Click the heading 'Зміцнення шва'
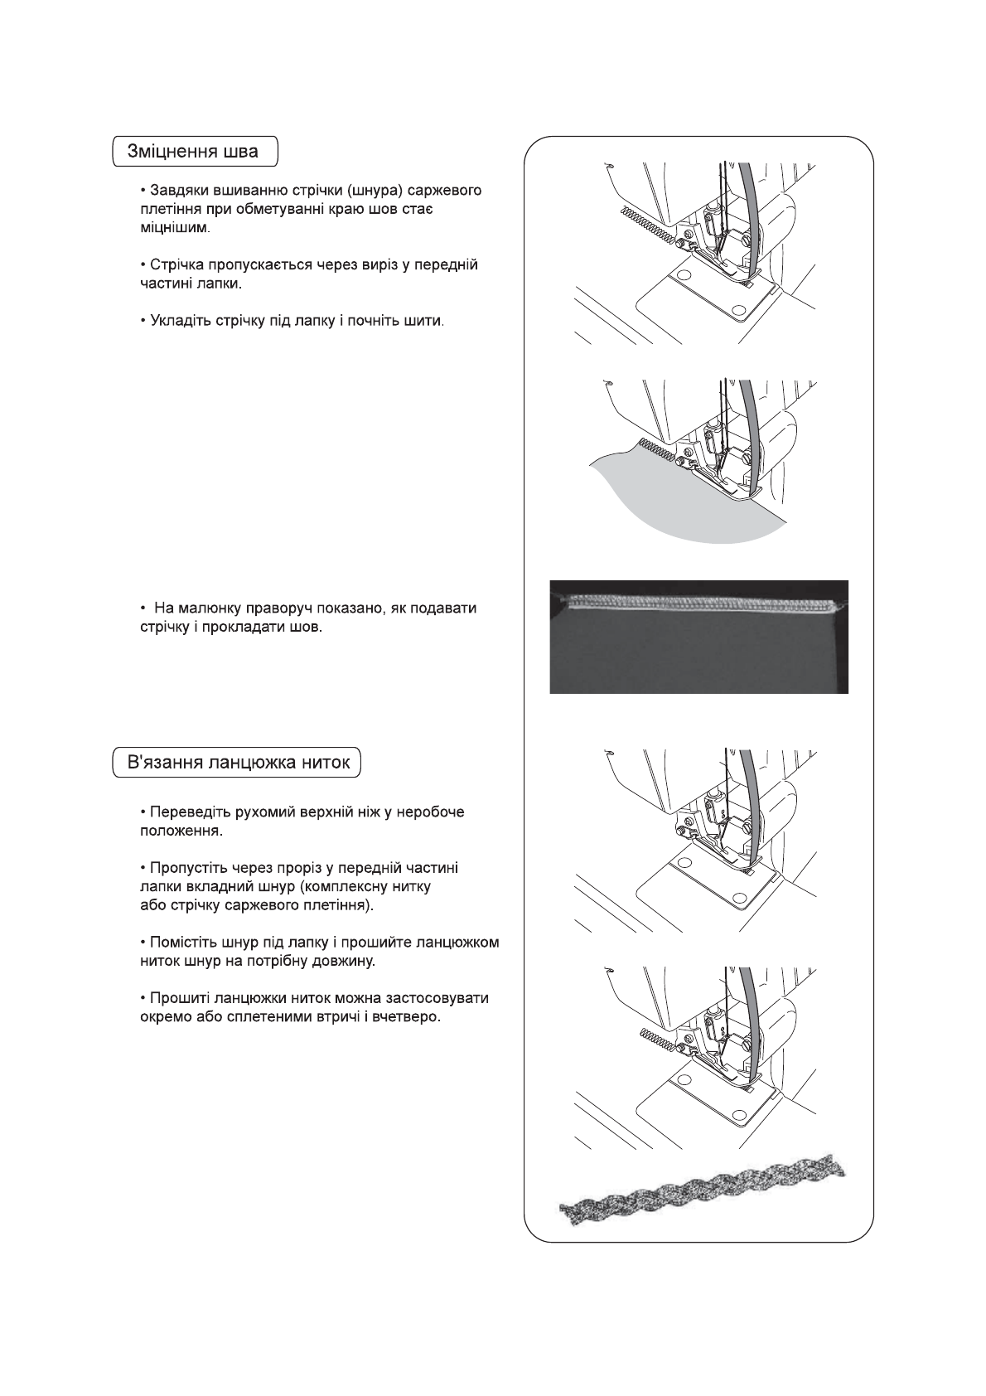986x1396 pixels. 192,152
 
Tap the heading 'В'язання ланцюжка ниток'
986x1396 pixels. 238,763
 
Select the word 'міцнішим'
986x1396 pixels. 174,227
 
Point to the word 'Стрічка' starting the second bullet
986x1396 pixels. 174,265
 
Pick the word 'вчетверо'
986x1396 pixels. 410,1016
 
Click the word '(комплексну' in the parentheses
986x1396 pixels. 341,887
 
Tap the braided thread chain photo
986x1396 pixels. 704,1190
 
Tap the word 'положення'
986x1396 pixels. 179,831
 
